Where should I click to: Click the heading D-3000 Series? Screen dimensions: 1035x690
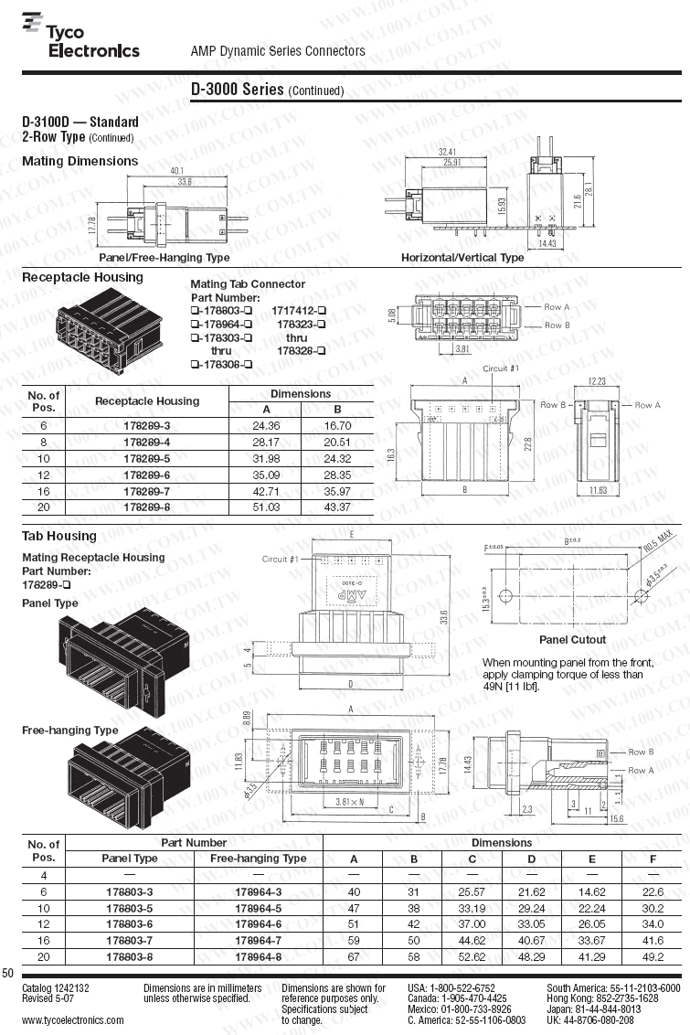pyautogui.click(x=238, y=90)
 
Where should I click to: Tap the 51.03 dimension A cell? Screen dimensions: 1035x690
pyautogui.click(x=267, y=507)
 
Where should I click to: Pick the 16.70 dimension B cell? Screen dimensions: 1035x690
pyautogui.click(x=337, y=425)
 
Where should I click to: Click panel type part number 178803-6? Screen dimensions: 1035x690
pyautogui.click(x=129, y=924)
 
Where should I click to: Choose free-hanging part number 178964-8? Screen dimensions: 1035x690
pyautogui.click(x=258, y=957)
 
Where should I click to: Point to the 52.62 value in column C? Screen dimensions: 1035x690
pyautogui.click(x=472, y=957)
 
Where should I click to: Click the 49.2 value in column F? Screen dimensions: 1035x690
pyautogui.click(x=652, y=957)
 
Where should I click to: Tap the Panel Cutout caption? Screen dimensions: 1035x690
pyautogui.click(x=572, y=640)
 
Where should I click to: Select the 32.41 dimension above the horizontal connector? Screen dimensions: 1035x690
pyautogui.click(x=448, y=151)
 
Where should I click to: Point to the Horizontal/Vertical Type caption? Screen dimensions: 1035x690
pyautogui.click(x=462, y=258)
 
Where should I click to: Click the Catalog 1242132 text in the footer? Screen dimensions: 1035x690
pyautogui.click(x=56, y=988)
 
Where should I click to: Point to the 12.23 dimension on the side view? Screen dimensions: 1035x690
pyautogui.click(x=598, y=381)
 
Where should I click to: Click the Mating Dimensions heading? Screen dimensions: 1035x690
pyautogui.click(x=80, y=161)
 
